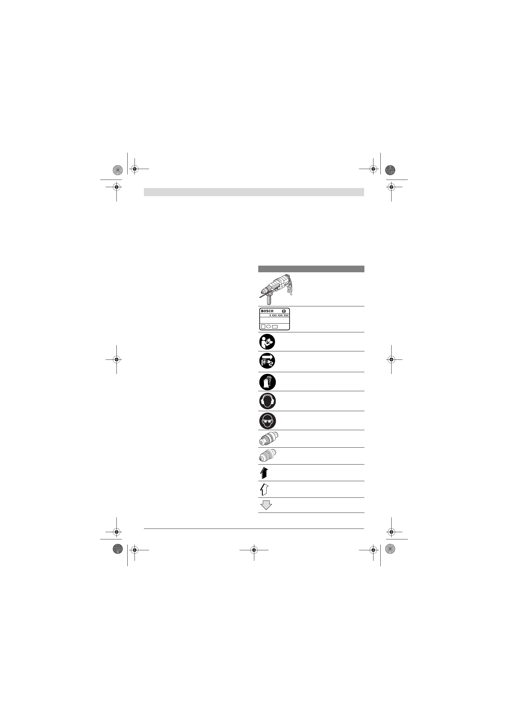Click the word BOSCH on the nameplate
(267, 311)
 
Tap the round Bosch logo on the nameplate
(284, 311)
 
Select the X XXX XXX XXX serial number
(279, 316)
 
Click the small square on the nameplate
(263, 326)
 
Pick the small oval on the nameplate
(268, 327)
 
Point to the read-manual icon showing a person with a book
(267, 342)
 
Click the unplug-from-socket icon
(267, 361)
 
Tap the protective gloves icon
(268, 382)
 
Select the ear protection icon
(268, 401)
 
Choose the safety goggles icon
(268, 421)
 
